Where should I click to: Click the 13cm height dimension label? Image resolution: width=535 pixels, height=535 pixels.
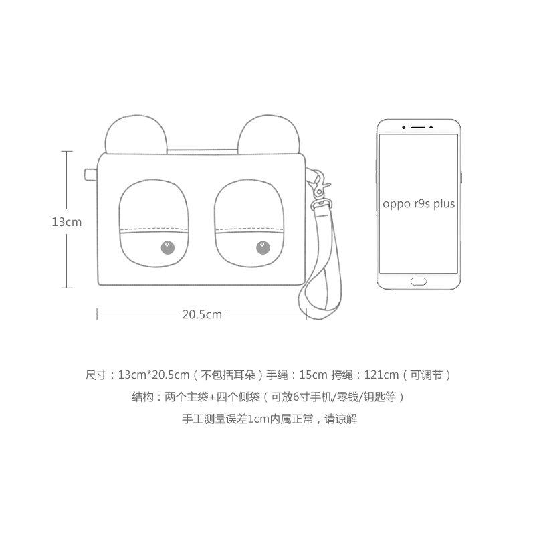[x=67, y=222]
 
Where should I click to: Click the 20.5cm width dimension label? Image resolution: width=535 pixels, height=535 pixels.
[x=201, y=314]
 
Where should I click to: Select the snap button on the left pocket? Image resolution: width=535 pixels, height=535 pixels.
[x=167, y=249]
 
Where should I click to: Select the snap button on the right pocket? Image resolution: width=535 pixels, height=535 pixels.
[x=264, y=249]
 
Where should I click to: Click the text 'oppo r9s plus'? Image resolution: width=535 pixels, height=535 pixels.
[x=419, y=203]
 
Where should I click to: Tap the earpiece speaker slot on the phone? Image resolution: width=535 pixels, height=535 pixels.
[x=419, y=126]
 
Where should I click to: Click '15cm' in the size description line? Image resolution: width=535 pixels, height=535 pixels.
[x=314, y=374]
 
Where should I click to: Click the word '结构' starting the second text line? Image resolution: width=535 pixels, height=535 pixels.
[x=142, y=397]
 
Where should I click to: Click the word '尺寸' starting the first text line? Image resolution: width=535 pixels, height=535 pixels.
[x=96, y=374]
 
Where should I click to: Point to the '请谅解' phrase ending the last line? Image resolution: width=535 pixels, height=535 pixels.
[x=340, y=420]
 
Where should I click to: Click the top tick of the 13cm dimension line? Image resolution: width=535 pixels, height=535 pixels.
[x=67, y=152]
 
